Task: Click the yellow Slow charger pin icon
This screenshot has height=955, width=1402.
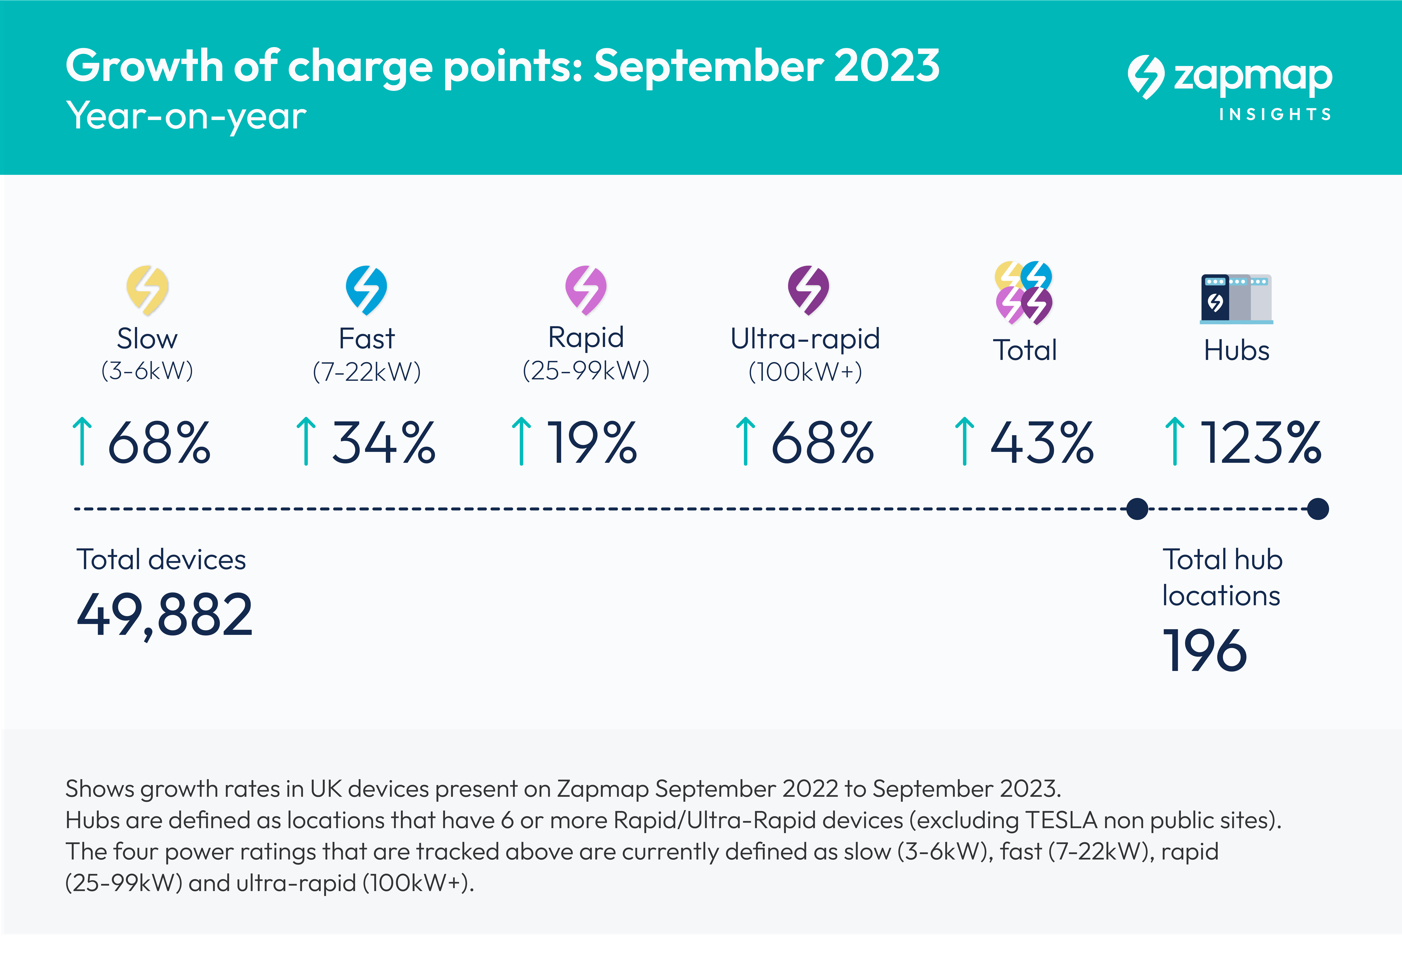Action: click(147, 290)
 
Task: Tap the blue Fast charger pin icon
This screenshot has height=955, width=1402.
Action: click(366, 290)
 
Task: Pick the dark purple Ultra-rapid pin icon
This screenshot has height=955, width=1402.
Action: click(808, 290)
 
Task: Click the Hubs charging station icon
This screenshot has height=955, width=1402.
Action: click(1236, 299)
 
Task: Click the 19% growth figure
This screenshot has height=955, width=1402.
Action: click(591, 443)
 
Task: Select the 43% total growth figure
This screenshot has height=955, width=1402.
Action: click(1042, 443)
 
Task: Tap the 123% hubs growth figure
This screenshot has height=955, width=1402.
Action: click(1261, 443)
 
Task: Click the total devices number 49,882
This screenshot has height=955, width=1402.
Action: click(165, 615)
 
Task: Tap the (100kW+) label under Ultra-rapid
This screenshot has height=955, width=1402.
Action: click(805, 372)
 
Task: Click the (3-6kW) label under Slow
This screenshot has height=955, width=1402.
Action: click(147, 370)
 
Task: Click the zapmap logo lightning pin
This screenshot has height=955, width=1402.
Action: click(1145, 77)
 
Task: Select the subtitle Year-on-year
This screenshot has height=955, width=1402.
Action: click(186, 116)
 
